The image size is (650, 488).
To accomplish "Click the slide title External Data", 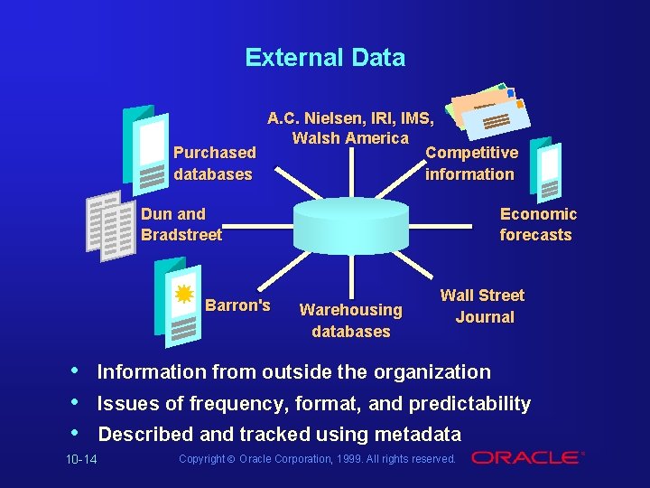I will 325,58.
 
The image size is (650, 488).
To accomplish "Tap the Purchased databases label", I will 214,164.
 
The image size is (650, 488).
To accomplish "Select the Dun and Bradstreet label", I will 181,224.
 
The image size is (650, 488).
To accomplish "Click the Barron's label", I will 237,305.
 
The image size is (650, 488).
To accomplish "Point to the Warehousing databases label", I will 350,321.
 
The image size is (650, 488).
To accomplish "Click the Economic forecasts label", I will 537,224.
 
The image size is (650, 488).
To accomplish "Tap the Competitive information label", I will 470,164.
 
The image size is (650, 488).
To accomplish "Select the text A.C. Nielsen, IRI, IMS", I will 350,117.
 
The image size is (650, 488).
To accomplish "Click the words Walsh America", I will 350,137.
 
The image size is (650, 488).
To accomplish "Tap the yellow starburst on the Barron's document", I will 184,294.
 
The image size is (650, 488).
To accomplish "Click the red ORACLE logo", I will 527,457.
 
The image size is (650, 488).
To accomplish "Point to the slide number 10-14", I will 81,460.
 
